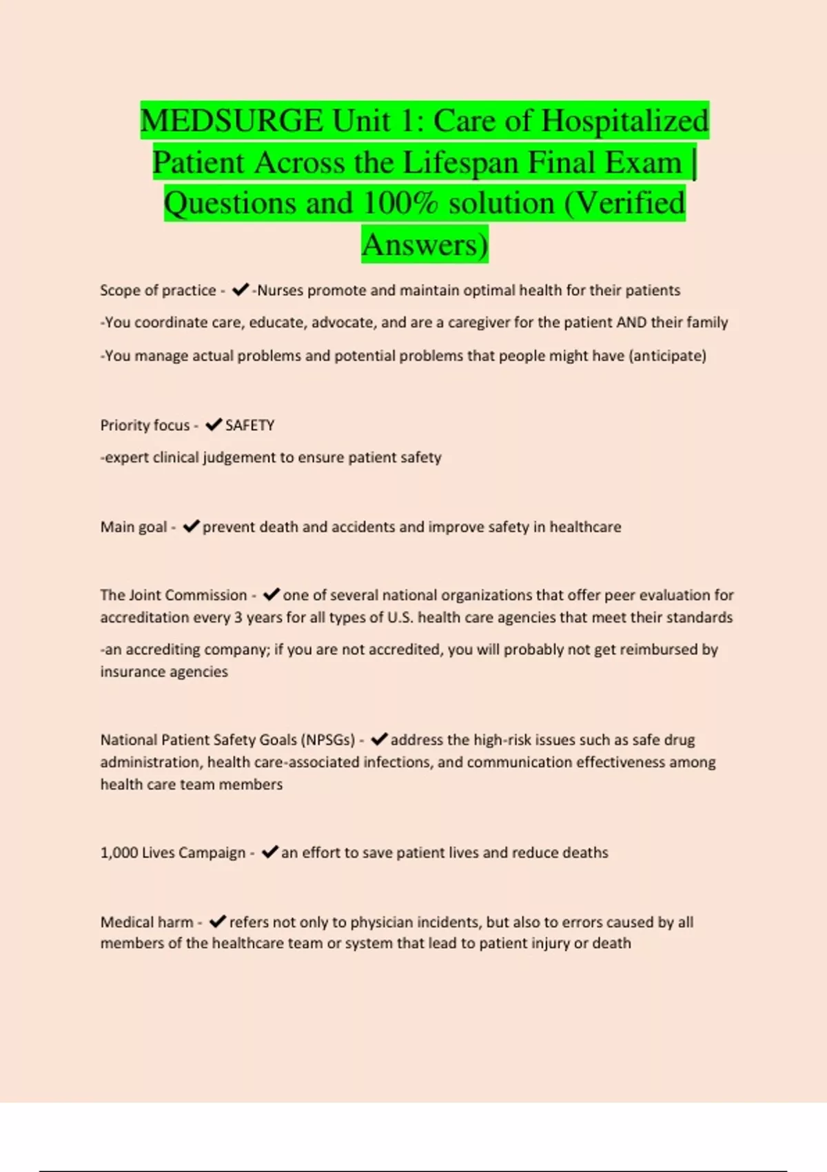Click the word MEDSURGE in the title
tap(232, 121)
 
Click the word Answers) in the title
tap(425, 245)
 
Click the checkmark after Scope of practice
tap(240, 290)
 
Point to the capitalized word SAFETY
tap(249, 425)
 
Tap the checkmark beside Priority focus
tap(214, 425)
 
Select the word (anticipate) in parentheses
tap(667, 356)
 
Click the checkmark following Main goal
tap(191, 527)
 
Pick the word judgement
tap(238, 458)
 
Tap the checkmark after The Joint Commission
tap(272, 594)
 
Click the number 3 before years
tap(238, 617)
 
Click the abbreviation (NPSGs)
tap(328, 740)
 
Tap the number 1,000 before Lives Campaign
tap(119, 853)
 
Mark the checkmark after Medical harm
tap(217, 922)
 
